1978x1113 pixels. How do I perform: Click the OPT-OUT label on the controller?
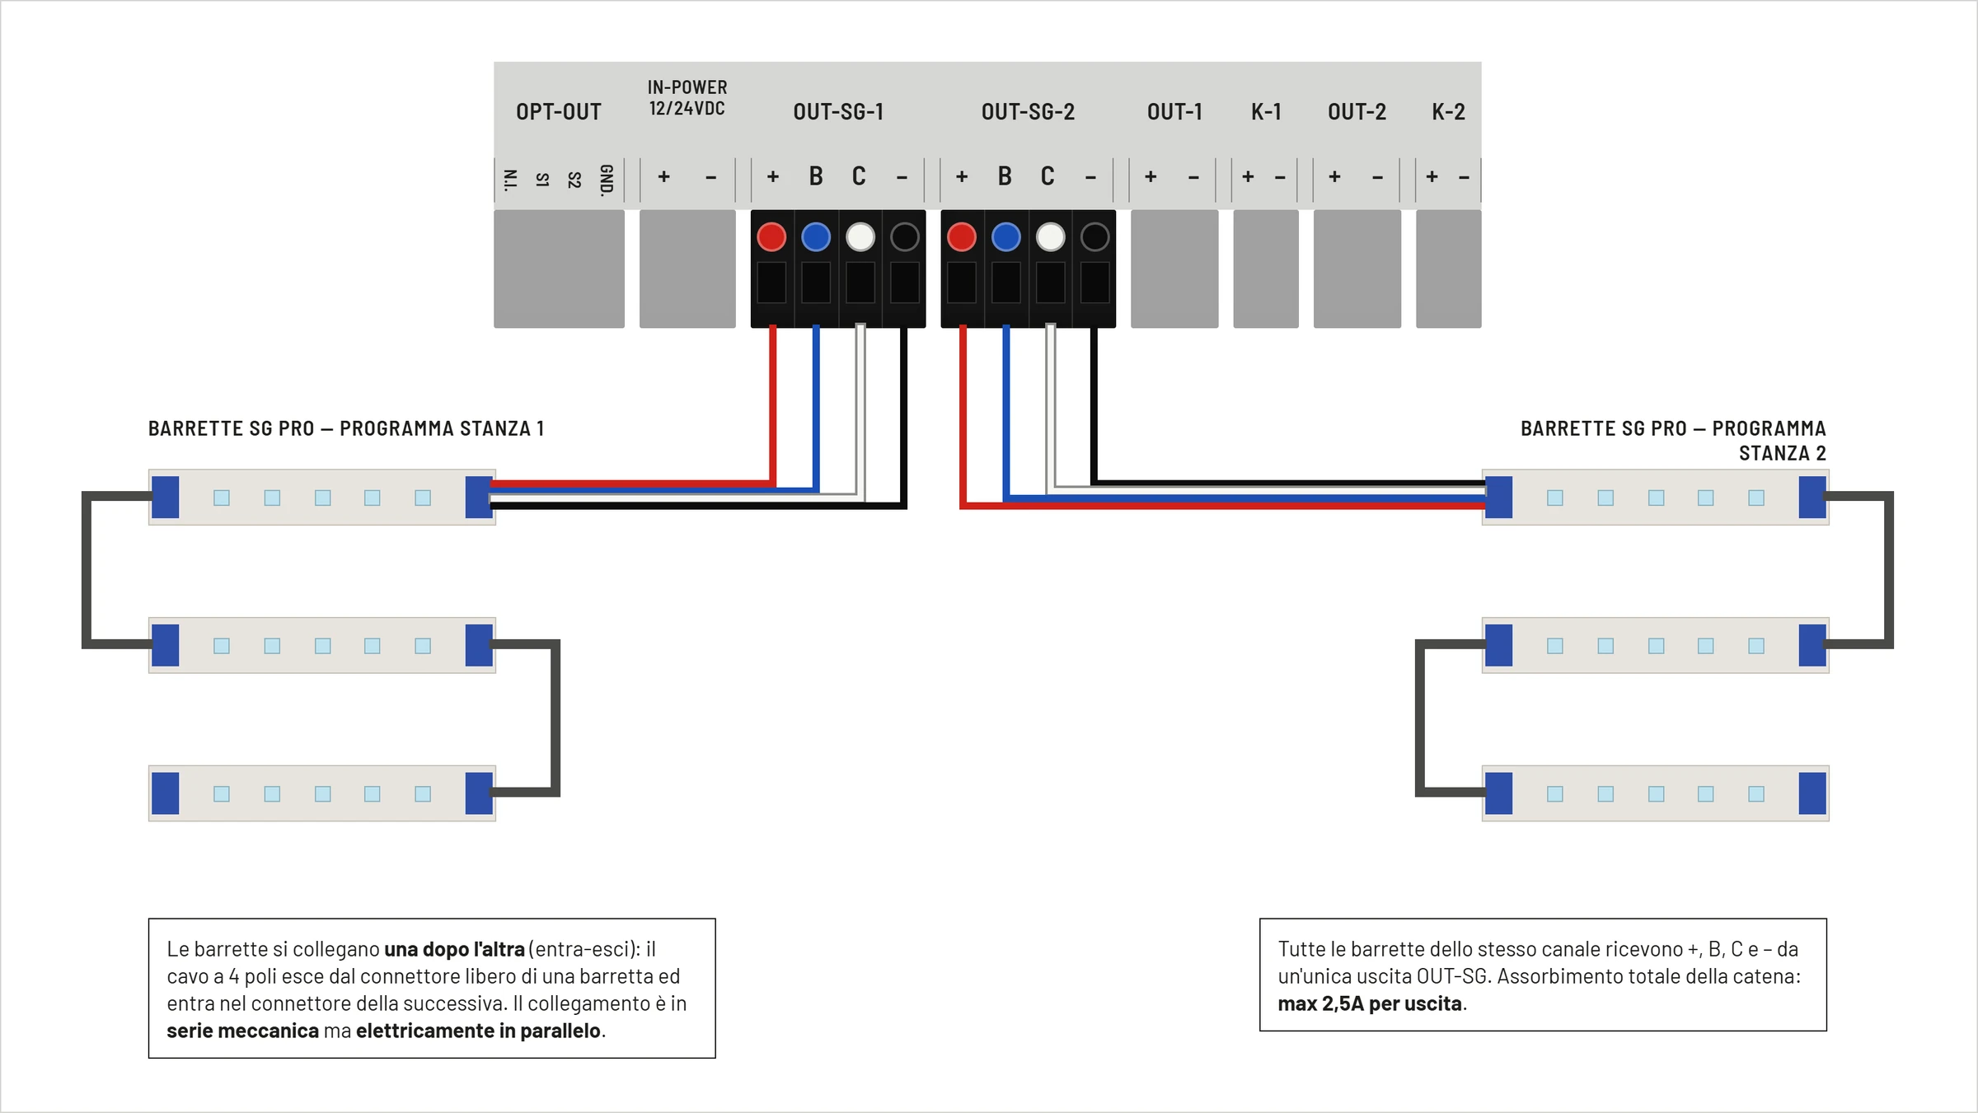pos(559,112)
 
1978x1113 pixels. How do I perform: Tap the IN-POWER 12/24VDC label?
pos(687,98)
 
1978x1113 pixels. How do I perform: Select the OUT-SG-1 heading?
pos(838,112)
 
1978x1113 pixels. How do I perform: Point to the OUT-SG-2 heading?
pos(1028,112)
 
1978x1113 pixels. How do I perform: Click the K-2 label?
pos(1448,112)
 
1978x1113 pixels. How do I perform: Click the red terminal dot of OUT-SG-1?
pos(771,237)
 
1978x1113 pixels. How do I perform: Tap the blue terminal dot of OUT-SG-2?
pos(1005,237)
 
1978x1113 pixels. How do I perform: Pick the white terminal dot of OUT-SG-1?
pos(860,237)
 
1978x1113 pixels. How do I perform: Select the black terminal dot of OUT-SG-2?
pos(1094,237)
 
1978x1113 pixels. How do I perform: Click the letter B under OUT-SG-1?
pos(816,176)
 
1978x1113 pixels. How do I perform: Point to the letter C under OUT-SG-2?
pos(1048,176)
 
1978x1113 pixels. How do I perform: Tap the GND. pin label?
pos(607,180)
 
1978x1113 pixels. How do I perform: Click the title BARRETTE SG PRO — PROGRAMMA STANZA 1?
pos(346,428)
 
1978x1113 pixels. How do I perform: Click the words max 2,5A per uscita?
pos(1370,1003)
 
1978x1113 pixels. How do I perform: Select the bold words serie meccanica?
pos(242,1031)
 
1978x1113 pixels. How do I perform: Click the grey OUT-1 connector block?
pos(1174,269)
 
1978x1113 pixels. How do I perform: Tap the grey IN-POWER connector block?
pos(687,269)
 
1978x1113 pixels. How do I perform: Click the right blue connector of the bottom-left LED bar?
pos(479,793)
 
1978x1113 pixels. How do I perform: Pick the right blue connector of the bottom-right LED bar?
pos(1812,793)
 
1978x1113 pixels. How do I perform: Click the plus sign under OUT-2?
pos(1334,176)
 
